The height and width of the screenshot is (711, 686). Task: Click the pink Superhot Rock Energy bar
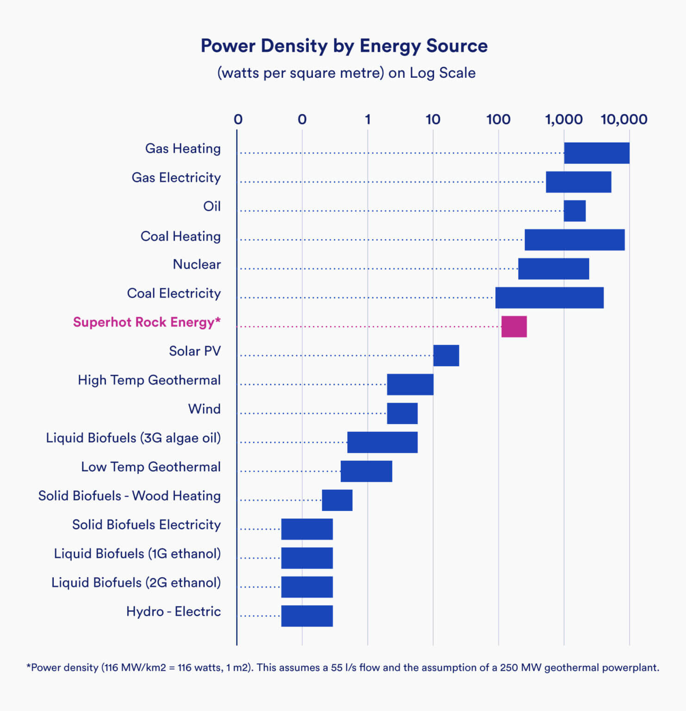tap(514, 326)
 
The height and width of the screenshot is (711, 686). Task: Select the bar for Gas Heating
tap(596, 153)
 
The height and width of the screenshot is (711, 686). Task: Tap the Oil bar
tap(574, 211)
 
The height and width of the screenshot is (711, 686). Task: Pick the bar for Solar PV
tap(446, 355)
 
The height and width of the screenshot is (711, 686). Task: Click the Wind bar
tap(402, 413)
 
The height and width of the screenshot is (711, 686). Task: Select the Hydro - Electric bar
tap(307, 616)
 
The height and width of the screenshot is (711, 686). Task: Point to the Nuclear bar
tap(553, 268)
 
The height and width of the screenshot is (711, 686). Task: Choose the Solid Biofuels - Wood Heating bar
tap(337, 500)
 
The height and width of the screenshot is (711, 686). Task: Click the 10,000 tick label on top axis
tap(624, 119)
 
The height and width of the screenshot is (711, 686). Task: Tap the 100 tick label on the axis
tap(498, 119)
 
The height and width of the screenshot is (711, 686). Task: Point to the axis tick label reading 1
tap(368, 119)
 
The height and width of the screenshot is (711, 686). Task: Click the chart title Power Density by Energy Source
tap(344, 46)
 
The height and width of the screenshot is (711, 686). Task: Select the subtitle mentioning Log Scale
tap(346, 73)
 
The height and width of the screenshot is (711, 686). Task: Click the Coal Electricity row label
tap(174, 293)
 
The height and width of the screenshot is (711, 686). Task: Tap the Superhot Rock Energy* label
tap(147, 322)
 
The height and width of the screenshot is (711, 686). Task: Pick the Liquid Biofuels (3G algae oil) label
tap(133, 438)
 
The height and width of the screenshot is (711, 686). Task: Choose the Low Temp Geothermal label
tap(151, 467)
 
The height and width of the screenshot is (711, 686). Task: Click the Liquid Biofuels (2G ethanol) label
tap(136, 582)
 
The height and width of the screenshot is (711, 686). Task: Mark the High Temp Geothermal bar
tap(410, 384)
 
